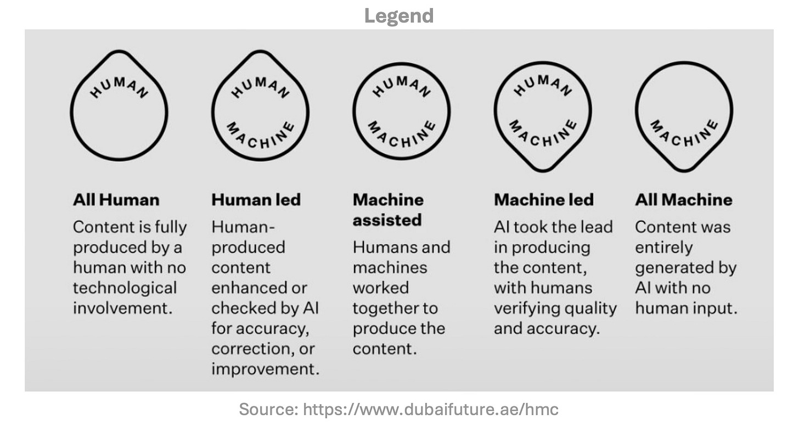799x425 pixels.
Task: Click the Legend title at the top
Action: (399, 15)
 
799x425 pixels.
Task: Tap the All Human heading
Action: (116, 199)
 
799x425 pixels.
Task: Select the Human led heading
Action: (256, 199)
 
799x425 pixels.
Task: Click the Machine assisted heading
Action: (387, 210)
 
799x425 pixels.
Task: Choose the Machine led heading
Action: (543, 199)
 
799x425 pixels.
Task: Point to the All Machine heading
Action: (683, 199)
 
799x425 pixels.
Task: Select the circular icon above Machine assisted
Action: (401, 110)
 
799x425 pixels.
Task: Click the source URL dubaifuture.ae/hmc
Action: (431, 409)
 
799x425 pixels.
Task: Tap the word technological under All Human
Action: (125, 288)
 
